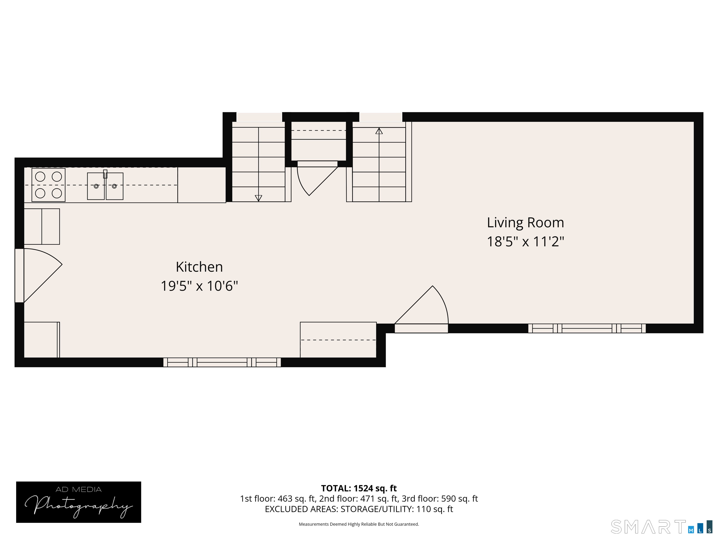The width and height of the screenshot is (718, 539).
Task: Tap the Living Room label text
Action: (x=525, y=222)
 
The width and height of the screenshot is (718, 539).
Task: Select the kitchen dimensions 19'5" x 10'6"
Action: (x=199, y=286)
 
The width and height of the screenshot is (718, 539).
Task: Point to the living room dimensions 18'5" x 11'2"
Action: (x=525, y=242)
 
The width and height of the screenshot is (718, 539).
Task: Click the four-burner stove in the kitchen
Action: (x=48, y=185)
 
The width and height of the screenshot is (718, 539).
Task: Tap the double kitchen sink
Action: (x=105, y=186)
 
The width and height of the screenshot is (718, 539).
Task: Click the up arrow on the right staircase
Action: (x=379, y=131)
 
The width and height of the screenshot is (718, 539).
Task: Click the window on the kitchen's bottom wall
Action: (x=222, y=362)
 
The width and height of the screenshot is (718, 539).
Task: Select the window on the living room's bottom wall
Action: (x=587, y=328)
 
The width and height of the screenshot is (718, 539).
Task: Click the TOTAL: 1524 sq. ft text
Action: (x=359, y=488)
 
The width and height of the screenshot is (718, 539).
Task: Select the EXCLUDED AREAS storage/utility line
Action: (x=359, y=509)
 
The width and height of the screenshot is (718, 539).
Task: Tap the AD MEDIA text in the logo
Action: (x=79, y=490)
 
